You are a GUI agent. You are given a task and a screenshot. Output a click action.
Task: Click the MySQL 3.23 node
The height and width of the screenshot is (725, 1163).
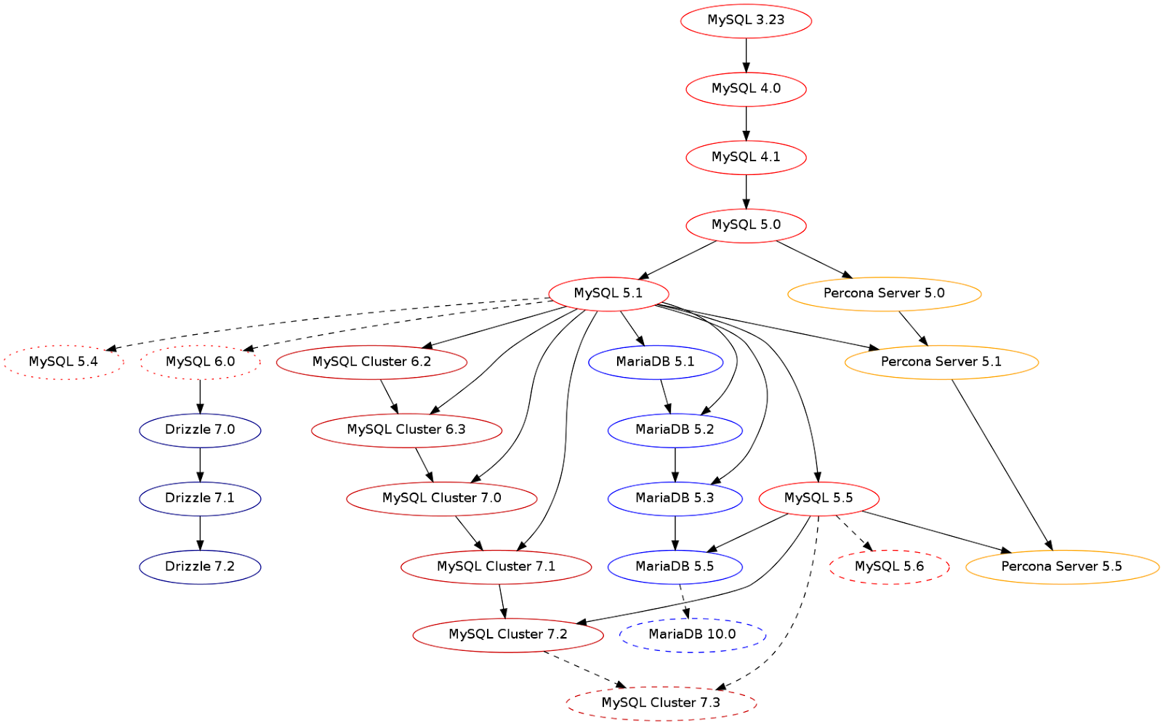tap(746, 21)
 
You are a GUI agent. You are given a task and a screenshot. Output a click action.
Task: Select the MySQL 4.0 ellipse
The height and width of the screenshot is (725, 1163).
tap(746, 89)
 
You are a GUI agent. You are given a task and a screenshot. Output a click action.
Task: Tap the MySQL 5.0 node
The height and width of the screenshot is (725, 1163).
tap(746, 226)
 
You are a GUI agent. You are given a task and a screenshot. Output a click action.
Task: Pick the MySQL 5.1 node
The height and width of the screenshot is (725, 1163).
tap(608, 293)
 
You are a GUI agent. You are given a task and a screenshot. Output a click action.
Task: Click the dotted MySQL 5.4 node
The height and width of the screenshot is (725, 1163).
tap(63, 362)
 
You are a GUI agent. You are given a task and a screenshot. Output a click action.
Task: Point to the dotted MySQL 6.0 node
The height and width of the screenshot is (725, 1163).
tap(201, 362)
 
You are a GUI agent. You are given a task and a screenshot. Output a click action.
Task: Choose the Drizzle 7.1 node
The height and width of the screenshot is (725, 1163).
tap(201, 499)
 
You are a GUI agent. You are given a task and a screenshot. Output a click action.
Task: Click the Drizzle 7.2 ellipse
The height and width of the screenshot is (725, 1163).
tap(201, 567)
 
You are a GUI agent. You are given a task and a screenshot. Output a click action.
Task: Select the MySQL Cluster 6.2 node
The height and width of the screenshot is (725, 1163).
tap(371, 362)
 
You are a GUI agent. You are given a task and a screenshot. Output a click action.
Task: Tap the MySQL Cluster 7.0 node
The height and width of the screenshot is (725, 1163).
tap(442, 499)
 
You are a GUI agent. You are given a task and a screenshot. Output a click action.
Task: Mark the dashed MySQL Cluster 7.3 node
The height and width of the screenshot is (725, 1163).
tap(661, 704)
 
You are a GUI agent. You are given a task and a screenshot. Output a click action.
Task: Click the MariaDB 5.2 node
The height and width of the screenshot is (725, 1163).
tap(675, 430)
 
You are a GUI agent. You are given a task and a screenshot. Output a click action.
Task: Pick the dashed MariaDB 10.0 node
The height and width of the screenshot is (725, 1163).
tap(693, 635)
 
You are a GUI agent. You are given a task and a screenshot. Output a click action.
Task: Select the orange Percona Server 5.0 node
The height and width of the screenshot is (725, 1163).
tap(885, 293)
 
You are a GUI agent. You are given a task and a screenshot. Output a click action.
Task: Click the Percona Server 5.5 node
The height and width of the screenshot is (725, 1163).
tap(1062, 567)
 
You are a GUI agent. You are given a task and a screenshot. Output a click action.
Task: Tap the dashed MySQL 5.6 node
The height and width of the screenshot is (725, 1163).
tap(890, 567)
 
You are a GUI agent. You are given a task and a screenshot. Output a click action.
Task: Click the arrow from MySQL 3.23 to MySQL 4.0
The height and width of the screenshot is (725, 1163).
tap(746, 55)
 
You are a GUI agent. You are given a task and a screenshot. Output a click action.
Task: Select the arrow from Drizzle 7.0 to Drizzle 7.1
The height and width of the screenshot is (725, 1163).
tap(201, 464)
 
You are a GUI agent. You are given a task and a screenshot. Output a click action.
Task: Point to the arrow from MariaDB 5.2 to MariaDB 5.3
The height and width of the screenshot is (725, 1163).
tap(675, 464)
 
